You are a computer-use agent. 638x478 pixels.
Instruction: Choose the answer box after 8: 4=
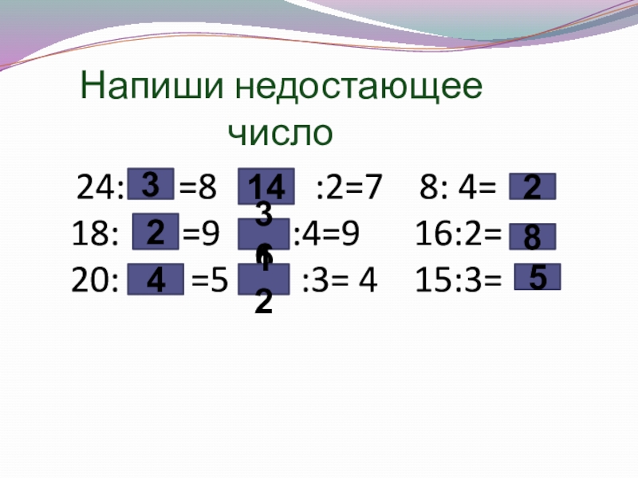point(532,188)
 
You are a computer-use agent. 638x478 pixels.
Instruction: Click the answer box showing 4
point(157,279)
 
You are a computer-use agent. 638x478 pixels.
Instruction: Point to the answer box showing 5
point(538,276)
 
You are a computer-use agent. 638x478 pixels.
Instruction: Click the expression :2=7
point(349,189)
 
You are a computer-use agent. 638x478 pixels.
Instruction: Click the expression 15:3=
point(458,280)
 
